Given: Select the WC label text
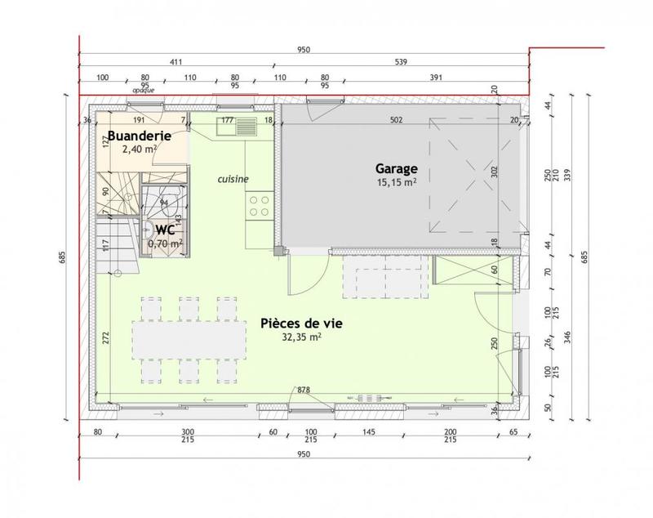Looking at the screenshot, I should point(165,230).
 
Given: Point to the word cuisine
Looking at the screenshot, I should point(233,179).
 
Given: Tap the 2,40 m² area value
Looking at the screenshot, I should point(139,150).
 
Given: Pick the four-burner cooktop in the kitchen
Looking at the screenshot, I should point(260,205).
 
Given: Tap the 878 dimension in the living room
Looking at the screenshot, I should point(304,390).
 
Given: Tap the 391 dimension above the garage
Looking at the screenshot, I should point(434,78).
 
